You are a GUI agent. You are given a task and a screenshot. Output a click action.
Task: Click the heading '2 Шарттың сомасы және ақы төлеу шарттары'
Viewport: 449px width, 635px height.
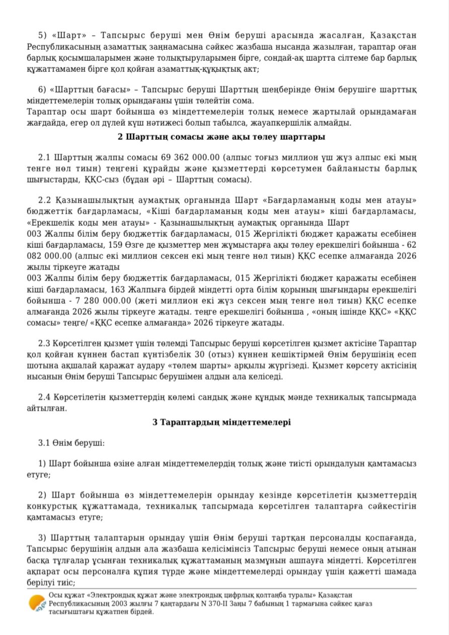tap(221, 137)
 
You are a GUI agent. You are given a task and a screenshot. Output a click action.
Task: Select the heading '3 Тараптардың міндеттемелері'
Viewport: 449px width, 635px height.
tap(221, 422)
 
